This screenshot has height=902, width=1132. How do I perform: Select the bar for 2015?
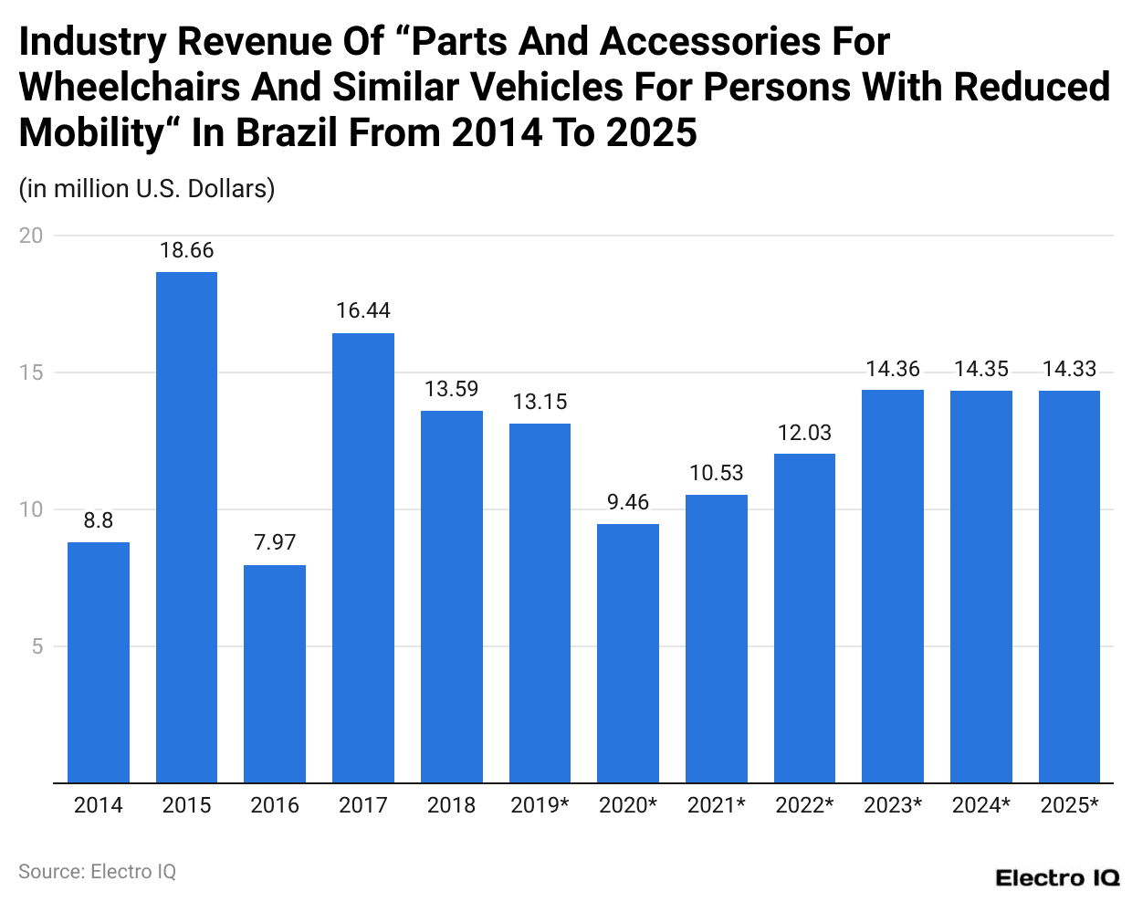click(x=186, y=527)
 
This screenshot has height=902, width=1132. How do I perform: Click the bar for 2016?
click(x=275, y=674)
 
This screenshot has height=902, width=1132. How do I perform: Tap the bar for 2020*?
click(x=628, y=653)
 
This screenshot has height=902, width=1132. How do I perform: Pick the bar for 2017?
click(x=363, y=558)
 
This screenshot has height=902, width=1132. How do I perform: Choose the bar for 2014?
click(x=99, y=662)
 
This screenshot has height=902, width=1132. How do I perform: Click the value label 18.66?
click(x=186, y=250)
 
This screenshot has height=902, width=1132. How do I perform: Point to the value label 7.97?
click(x=275, y=542)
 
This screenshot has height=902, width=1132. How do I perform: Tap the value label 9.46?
click(x=628, y=502)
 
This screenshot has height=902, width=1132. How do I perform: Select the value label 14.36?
click(x=893, y=369)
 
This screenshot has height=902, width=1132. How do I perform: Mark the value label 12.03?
click(x=804, y=433)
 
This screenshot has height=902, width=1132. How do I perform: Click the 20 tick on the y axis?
click(x=31, y=236)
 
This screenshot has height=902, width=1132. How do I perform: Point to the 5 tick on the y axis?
click(x=37, y=646)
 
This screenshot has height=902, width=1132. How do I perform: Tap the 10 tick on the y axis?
click(x=31, y=509)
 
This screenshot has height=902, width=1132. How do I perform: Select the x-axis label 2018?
click(x=451, y=805)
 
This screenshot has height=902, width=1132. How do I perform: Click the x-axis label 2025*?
click(x=1069, y=805)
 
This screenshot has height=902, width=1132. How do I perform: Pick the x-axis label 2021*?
click(x=716, y=805)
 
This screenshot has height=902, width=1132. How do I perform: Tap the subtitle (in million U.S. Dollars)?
click(x=147, y=189)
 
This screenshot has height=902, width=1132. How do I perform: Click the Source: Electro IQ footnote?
click(x=98, y=872)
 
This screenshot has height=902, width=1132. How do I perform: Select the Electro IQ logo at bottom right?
click(x=1057, y=878)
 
